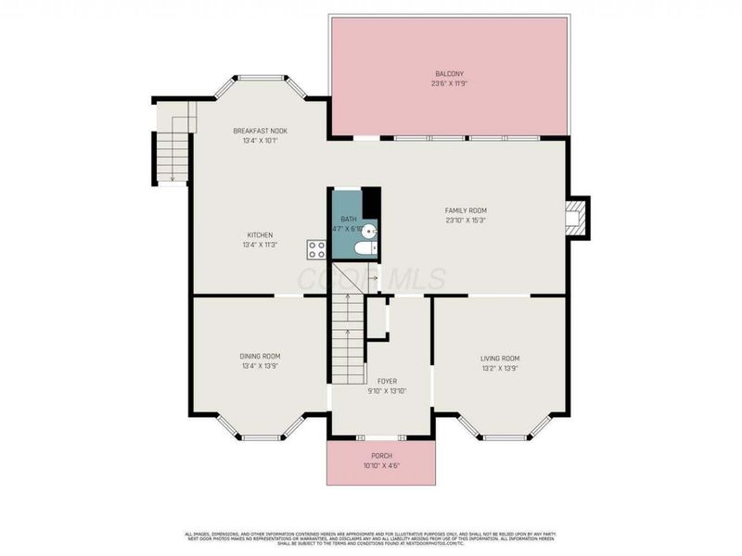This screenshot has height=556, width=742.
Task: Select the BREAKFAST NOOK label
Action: point(260,132)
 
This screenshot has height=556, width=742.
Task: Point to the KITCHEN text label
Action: point(260,235)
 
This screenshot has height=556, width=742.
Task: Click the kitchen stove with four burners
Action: point(317,248)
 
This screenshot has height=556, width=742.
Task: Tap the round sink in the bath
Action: point(368,232)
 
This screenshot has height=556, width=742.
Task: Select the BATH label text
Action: point(349,220)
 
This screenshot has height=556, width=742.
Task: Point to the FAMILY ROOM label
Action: point(466,210)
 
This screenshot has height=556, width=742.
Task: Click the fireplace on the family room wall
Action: point(577,218)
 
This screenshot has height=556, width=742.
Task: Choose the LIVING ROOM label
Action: point(499,359)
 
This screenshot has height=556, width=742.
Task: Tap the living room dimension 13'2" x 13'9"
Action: point(499,368)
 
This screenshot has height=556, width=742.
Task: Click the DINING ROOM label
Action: point(260,356)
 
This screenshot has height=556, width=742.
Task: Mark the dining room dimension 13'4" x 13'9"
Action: point(260,366)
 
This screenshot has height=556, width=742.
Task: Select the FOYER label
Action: point(387,381)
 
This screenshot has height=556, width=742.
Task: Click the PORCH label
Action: point(381,456)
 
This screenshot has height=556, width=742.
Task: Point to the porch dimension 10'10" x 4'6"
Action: point(381,465)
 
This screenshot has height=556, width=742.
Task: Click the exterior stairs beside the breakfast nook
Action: point(173,156)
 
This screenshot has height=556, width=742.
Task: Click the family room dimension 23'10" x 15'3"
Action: point(466,221)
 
